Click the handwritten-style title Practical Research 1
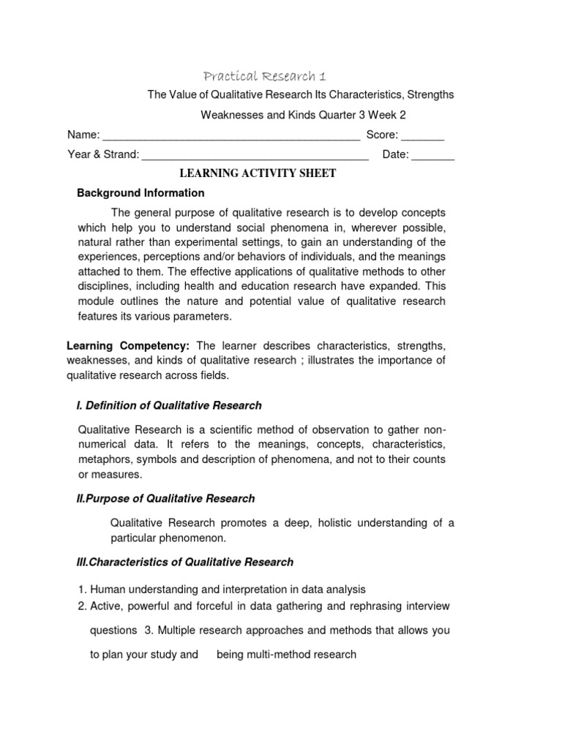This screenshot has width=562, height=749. point(265,77)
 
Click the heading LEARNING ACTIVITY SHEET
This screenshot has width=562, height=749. point(258,173)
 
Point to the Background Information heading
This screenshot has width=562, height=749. point(141,193)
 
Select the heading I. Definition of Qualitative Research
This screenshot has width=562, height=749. point(169,405)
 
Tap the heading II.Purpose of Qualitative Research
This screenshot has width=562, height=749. point(166,498)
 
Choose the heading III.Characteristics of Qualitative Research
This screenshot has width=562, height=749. point(185,562)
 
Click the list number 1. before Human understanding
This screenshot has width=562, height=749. point(82,589)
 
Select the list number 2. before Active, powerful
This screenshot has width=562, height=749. point(82,606)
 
